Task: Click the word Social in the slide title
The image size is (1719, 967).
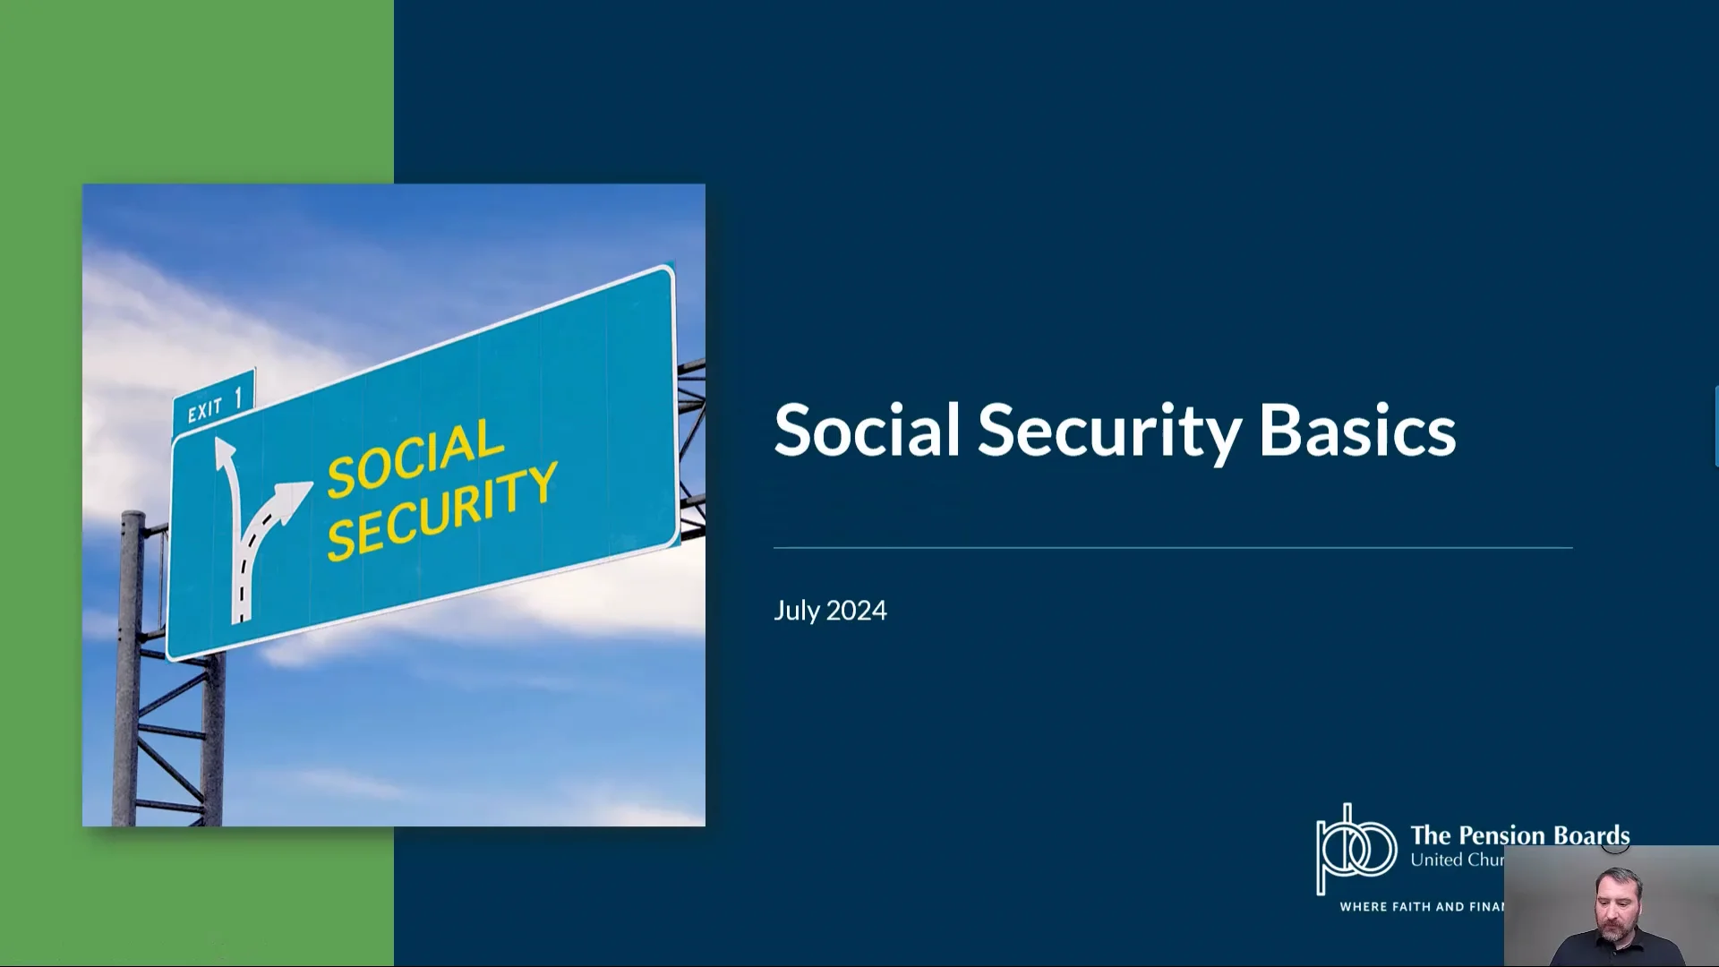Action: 867,431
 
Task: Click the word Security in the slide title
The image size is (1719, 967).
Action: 1108,431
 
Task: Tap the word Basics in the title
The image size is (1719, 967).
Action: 1356,431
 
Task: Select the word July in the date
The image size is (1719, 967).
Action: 797,611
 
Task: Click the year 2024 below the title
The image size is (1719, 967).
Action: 857,611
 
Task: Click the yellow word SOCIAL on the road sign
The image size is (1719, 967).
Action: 415,458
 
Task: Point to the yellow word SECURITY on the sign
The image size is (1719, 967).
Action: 442,512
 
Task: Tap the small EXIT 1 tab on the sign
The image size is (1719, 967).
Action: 214,402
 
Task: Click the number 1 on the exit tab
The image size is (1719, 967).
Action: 238,398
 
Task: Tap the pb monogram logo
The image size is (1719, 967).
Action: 1355,849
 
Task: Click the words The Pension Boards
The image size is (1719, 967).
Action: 1519,834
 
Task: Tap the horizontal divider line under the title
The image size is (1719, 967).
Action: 1173,547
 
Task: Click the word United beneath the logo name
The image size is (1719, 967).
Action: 1435,860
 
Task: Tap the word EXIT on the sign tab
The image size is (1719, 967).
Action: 205,409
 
